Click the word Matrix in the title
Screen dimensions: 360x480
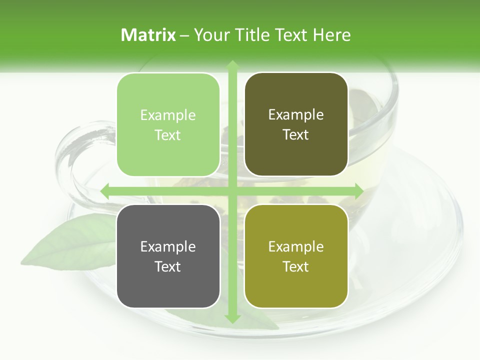click(148, 35)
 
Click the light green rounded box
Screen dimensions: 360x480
click(168, 124)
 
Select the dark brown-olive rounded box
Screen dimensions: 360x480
click(296, 124)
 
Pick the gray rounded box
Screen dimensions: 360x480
click(168, 256)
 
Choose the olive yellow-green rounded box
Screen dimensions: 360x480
click(296, 256)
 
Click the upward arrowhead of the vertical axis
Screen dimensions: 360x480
click(232, 65)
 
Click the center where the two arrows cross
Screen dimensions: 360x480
click(232, 191)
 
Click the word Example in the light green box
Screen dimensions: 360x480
click(168, 115)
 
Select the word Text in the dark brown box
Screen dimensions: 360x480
click(296, 135)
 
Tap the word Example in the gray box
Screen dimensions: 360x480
click(168, 247)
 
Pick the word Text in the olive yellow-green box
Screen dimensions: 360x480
click(296, 267)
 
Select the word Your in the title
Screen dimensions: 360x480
click(210, 35)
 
